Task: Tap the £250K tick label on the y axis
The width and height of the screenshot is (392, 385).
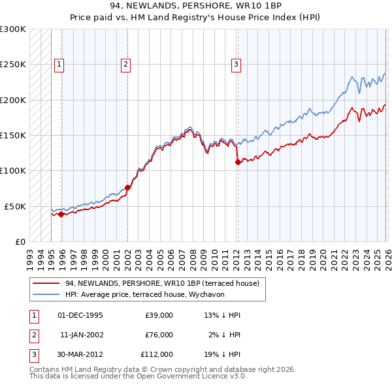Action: click(x=13, y=65)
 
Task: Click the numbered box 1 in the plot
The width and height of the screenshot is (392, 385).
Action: click(x=59, y=64)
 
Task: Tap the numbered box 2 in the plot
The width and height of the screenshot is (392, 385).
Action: click(x=125, y=64)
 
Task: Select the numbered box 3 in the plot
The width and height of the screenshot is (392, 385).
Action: click(x=236, y=64)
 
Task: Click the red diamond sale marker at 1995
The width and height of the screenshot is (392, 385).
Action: click(x=61, y=214)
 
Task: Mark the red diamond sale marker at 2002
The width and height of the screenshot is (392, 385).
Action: click(x=127, y=188)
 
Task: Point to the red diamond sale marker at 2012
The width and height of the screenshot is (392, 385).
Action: click(x=238, y=162)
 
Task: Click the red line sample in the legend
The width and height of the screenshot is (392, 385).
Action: click(x=46, y=283)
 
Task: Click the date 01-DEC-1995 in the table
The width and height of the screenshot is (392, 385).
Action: click(x=80, y=315)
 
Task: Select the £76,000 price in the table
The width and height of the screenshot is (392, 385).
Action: click(x=159, y=335)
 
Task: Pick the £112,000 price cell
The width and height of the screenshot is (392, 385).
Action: click(x=157, y=354)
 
